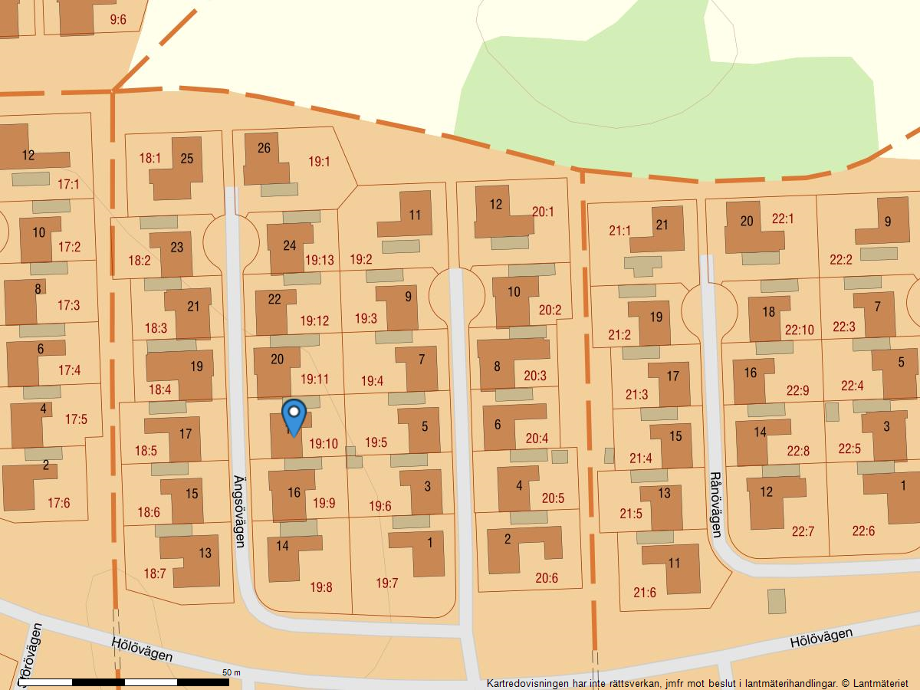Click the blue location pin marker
(x=294, y=416)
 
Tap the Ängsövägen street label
(x=239, y=511)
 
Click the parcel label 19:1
(x=319, y=162)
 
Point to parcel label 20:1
(x=543, y=212)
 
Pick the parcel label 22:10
(x=800, y=330)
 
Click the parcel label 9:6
(x=118, y=20)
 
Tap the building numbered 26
(x=264, y=148)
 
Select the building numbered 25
(x=186, y=159)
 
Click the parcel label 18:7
(x=154, y=573)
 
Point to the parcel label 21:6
(x=645, y=592)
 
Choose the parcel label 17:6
(x=58, y=503)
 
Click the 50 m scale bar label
(x=232, y=672)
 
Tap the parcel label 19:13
(x=319, y=260)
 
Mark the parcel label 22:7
(x=803, y=531)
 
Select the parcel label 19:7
(x=387, y=583)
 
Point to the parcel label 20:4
(x=537, y=439)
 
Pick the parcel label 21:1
(x=619, y=230)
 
